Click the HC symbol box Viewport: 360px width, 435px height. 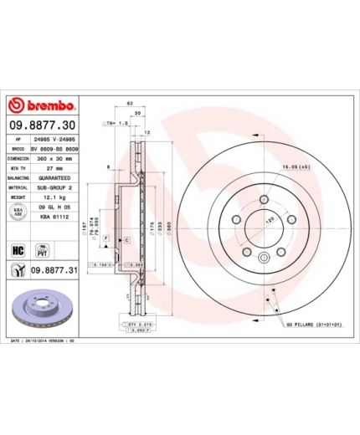(x=18, y=248)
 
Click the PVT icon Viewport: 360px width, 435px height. (x=40, y=248)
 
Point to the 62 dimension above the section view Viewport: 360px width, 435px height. (x=131, y=102)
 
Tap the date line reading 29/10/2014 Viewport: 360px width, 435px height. (x=50, y=342)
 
